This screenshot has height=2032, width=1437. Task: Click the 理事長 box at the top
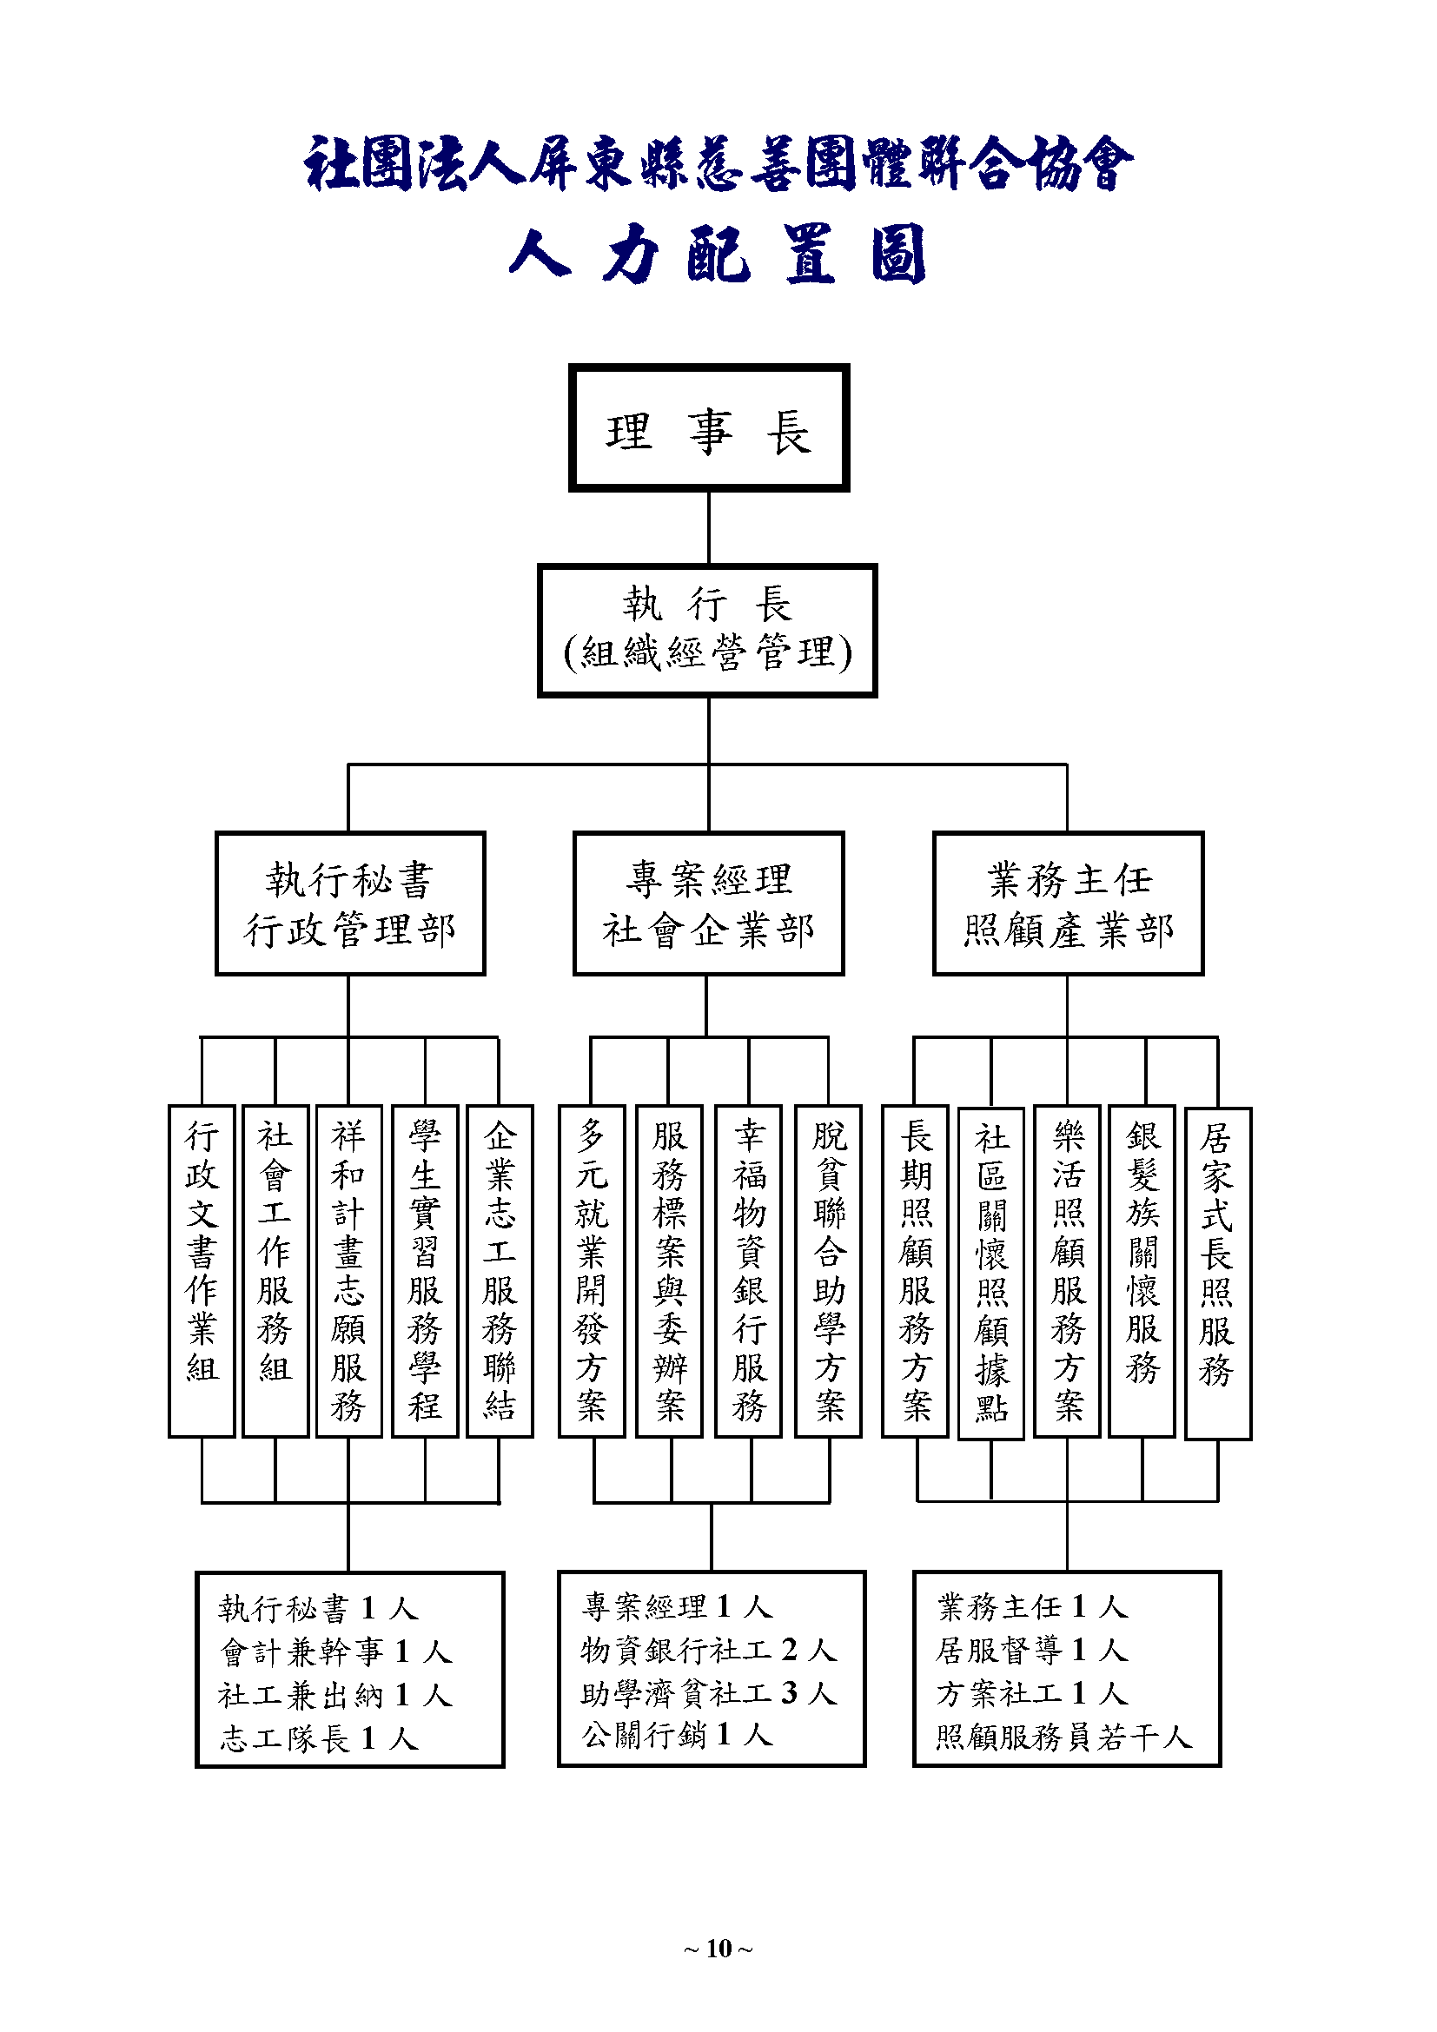(709, 427)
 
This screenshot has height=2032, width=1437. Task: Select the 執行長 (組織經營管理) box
(707, 630)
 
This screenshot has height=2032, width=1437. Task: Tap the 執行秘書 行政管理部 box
(350, 903)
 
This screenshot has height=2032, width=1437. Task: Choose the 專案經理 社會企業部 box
(709, 903)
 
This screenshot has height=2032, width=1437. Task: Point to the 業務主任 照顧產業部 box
(1068, 903)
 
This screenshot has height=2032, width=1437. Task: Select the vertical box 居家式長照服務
(1217, 1273)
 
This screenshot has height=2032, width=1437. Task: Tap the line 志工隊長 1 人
(319, 1738)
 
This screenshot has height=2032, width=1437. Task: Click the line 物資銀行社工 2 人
(709, 1650)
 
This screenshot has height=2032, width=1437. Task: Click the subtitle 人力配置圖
(718, 255)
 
